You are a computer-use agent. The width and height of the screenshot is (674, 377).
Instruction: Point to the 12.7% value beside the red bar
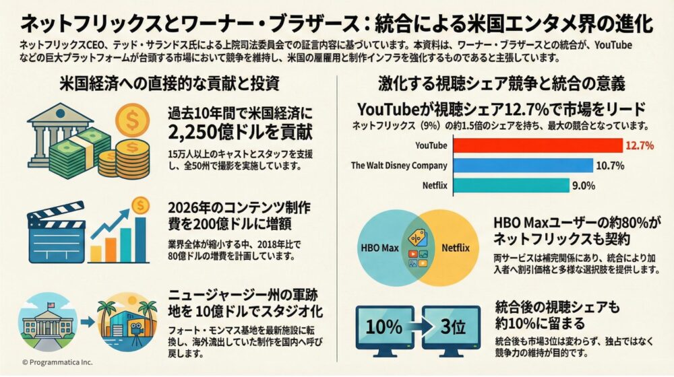(640, 145)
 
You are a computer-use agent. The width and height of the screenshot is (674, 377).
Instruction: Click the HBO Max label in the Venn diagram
(381, 248)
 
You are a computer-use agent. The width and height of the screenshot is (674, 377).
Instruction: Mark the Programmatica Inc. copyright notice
(57, 362)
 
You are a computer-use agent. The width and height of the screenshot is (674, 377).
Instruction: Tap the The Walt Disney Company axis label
(399, 166)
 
